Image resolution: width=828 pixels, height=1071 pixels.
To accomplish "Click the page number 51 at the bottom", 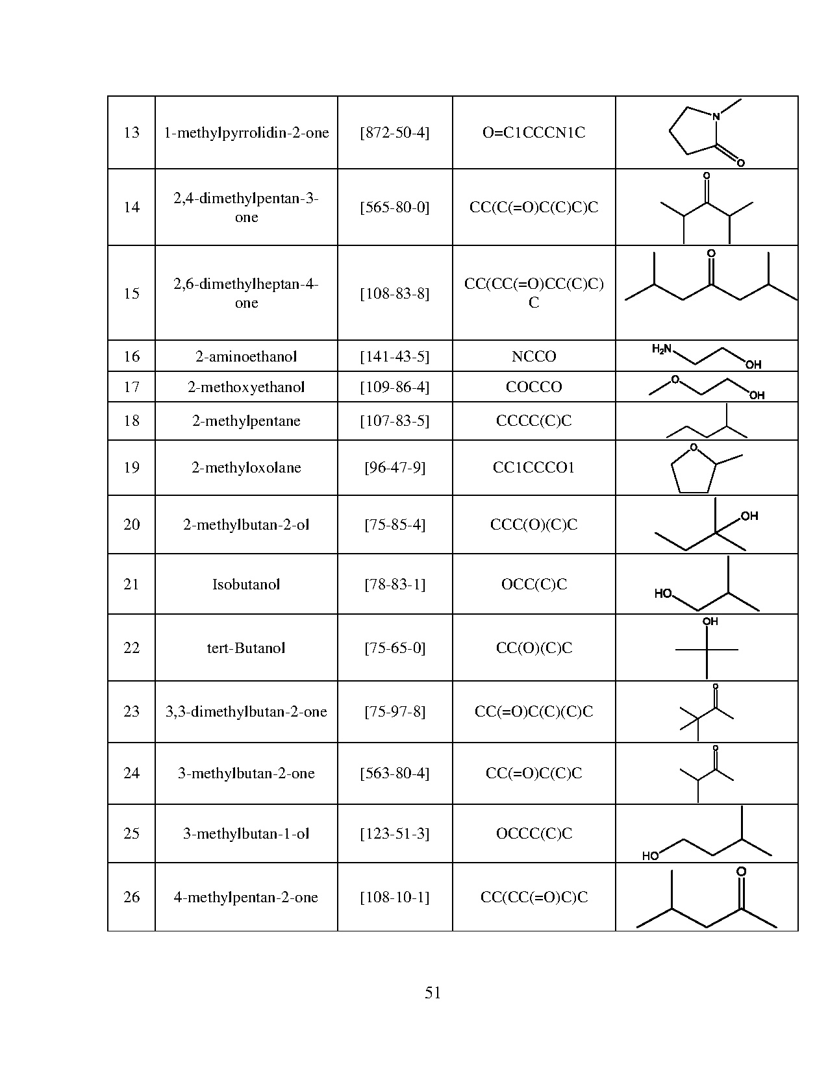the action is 433,992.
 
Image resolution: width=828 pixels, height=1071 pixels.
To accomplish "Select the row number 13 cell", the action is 131,132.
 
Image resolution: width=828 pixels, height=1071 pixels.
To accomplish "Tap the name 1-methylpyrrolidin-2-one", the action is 246,132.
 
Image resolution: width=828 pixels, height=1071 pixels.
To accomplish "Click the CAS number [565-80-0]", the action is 395,207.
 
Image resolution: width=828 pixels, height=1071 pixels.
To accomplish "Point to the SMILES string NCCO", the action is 534,356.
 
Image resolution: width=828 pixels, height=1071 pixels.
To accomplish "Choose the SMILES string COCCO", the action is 534,386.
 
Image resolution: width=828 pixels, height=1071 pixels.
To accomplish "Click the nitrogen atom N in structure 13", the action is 716,117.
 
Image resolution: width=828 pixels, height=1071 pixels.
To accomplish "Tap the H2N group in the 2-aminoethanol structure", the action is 661,349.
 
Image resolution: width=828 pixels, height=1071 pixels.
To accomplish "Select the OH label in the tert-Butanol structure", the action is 710,622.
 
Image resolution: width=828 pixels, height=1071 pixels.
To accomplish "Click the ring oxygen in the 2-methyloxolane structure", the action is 694,447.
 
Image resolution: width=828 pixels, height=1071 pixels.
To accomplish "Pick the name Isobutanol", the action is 246,584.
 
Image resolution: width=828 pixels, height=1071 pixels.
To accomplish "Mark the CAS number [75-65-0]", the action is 395,648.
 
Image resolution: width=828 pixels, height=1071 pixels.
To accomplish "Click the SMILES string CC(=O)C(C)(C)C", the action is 534,711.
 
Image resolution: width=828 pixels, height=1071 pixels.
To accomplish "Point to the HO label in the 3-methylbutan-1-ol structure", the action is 650,856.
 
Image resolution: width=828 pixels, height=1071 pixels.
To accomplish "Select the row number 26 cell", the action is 131,896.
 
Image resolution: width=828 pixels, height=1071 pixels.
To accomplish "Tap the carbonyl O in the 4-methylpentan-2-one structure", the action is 741,872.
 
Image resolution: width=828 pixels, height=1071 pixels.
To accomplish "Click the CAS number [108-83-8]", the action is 395,293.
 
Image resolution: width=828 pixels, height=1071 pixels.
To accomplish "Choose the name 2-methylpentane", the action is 246,421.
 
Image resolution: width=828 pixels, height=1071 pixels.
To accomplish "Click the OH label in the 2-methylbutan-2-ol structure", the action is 749,516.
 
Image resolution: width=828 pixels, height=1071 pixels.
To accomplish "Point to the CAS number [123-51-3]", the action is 395,833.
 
